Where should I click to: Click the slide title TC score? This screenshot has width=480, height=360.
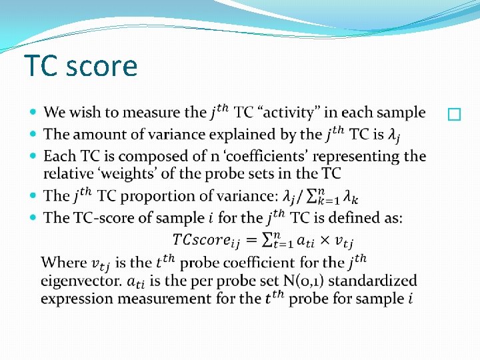(81, 66)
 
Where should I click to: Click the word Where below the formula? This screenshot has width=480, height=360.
(63, 263)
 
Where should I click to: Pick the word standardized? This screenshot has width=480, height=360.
(371, 281)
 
